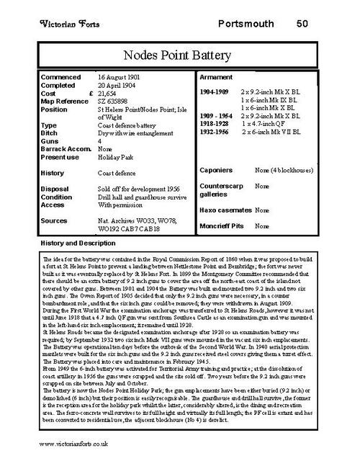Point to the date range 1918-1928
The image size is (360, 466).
215,123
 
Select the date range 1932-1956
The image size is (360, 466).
215,131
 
